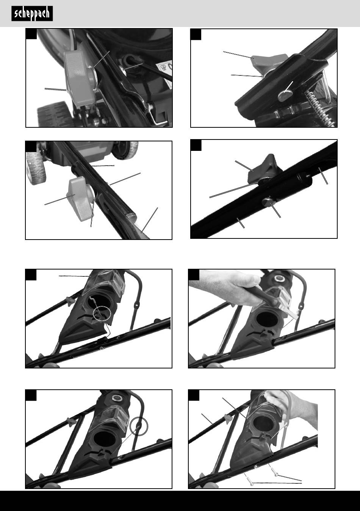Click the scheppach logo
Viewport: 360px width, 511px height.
tap(32, 14)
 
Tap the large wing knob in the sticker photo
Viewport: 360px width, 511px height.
tap(79, 78)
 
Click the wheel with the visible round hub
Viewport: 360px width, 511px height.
tap(125, 150)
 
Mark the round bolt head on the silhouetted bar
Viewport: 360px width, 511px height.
tap(269, 202)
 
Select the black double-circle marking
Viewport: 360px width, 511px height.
tap(139, 426)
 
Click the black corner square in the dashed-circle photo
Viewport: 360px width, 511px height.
tap(31, 275)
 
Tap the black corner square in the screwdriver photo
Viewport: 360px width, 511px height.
tap(194, 275)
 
